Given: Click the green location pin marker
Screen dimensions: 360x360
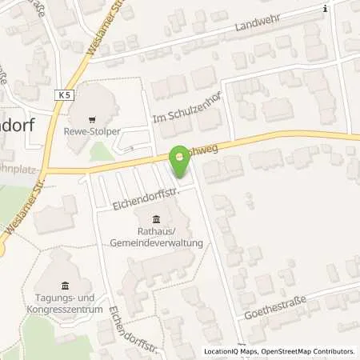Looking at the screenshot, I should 180,162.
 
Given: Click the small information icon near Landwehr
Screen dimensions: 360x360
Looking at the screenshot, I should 324,9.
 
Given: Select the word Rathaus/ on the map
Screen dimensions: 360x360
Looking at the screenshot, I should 153,233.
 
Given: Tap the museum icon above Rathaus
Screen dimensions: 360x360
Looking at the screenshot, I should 154,220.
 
